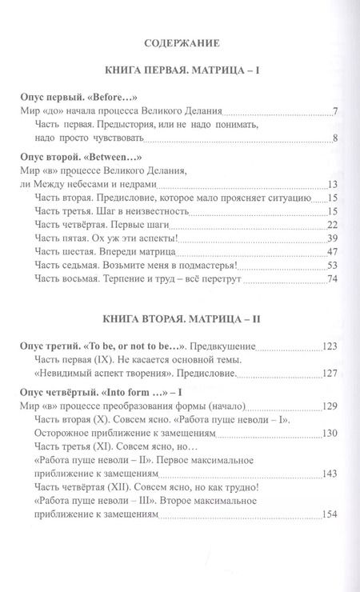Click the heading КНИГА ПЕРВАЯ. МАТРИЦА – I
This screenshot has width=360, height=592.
180,71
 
